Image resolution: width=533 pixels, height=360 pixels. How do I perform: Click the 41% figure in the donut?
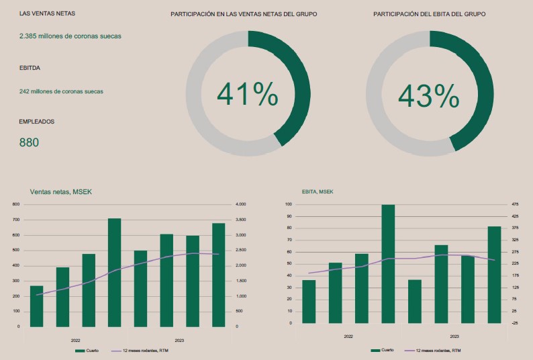tap(247, 95)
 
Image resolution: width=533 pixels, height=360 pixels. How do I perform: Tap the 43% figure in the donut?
tap(428, 96)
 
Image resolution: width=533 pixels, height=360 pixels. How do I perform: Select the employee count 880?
tap(29, 142)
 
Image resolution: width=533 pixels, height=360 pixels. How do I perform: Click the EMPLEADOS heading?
tap(37, 122)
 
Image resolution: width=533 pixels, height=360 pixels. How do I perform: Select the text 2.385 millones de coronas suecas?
tap(70, 36)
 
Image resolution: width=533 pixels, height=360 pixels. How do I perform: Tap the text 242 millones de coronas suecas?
tap(61, 91)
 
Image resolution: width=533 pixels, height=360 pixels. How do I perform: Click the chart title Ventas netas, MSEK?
tap(61, 192)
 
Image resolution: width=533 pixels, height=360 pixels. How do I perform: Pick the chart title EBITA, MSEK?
tap(318, 192)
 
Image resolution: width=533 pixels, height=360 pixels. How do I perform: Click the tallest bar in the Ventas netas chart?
tap(114, 272)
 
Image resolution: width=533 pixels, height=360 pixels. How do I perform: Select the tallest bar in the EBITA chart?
tap(388, 263)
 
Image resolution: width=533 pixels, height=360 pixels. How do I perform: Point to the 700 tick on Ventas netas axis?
tap(16, 220)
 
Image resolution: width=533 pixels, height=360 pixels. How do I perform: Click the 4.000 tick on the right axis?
tap(241, 204)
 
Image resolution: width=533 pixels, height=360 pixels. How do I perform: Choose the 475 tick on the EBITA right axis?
tap(515, 204)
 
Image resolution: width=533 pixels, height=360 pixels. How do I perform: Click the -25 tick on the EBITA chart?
tap(514, 323)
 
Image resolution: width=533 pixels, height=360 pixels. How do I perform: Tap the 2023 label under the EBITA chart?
tap(454, 336)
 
